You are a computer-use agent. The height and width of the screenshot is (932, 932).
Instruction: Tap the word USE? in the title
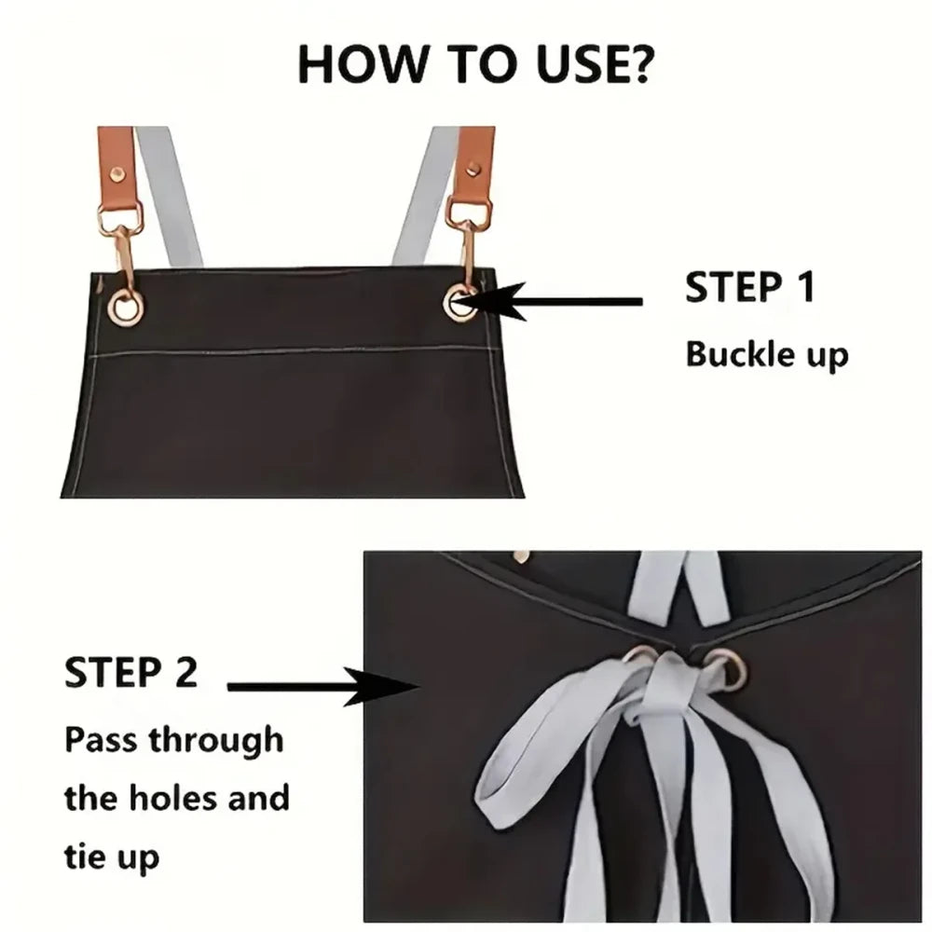click(x=594, y=63)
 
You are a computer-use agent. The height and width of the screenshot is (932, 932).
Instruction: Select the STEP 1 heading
click(x=749, y=287)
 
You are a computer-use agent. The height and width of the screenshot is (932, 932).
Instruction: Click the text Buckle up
click(x=767, y=355)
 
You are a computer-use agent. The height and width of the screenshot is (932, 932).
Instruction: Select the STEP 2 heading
click(x=130, y=672)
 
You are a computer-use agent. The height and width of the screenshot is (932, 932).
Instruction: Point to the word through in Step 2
click(x=216, y=741)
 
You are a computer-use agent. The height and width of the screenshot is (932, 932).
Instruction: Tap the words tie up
click(x=112, y=857)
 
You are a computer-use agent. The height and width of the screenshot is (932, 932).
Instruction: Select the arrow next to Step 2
click(x=324, y=687)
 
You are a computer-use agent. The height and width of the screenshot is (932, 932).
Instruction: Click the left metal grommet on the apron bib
click(x=126, y=308)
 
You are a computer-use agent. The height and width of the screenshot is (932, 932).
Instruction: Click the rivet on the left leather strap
click(x=117, y=174)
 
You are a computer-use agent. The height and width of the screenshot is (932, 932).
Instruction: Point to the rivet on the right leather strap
click(x=473, y=170)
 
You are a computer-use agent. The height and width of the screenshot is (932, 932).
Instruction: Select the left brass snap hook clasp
click(x=124, y=253)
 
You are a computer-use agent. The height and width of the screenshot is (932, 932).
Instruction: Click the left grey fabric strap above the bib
click(x=170, y=196)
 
